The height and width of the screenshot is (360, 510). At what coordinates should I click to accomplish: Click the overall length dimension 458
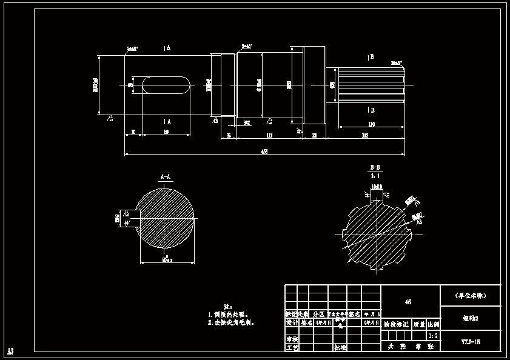[264, 152]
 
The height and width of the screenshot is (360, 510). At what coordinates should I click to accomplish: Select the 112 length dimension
[268, 135]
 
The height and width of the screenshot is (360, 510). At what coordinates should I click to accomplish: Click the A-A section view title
[166, 177]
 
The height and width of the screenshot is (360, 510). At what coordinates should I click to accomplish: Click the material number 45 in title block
[408, 302]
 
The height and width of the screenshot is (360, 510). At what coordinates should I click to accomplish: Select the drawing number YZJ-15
[471, 341]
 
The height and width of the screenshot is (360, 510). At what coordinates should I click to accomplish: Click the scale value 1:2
[433, 335]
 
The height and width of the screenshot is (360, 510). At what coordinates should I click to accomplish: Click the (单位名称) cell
[471, 296]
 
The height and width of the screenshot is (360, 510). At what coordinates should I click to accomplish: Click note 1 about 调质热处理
[228, 315]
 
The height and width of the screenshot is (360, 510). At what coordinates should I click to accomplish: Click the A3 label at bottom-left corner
[10, 351]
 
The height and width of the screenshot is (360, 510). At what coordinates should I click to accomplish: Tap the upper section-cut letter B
[371, 57]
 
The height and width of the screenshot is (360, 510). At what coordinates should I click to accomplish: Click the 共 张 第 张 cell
[410, 347]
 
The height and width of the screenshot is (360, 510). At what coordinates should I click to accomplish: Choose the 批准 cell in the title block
[340, 348]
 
